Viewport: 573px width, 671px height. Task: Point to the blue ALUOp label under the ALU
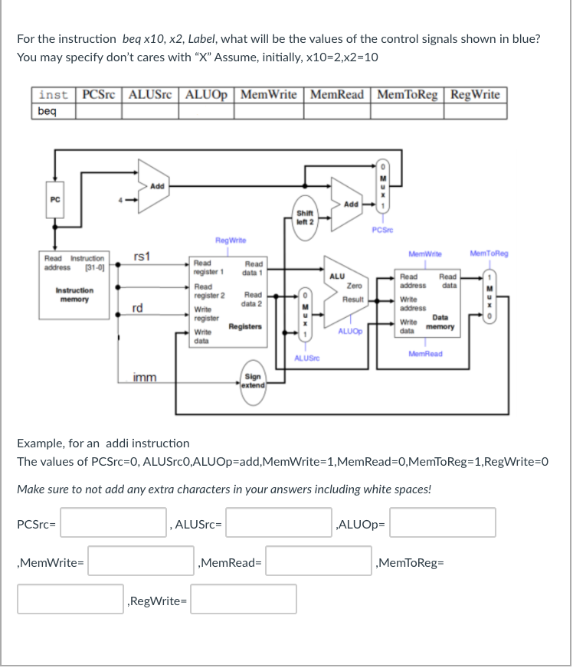pos(349,332)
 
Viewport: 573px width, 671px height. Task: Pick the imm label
pos(143,377)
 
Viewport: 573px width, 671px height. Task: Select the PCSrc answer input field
pos(114,523)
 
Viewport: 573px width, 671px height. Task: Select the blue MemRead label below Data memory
pos(426,354)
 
